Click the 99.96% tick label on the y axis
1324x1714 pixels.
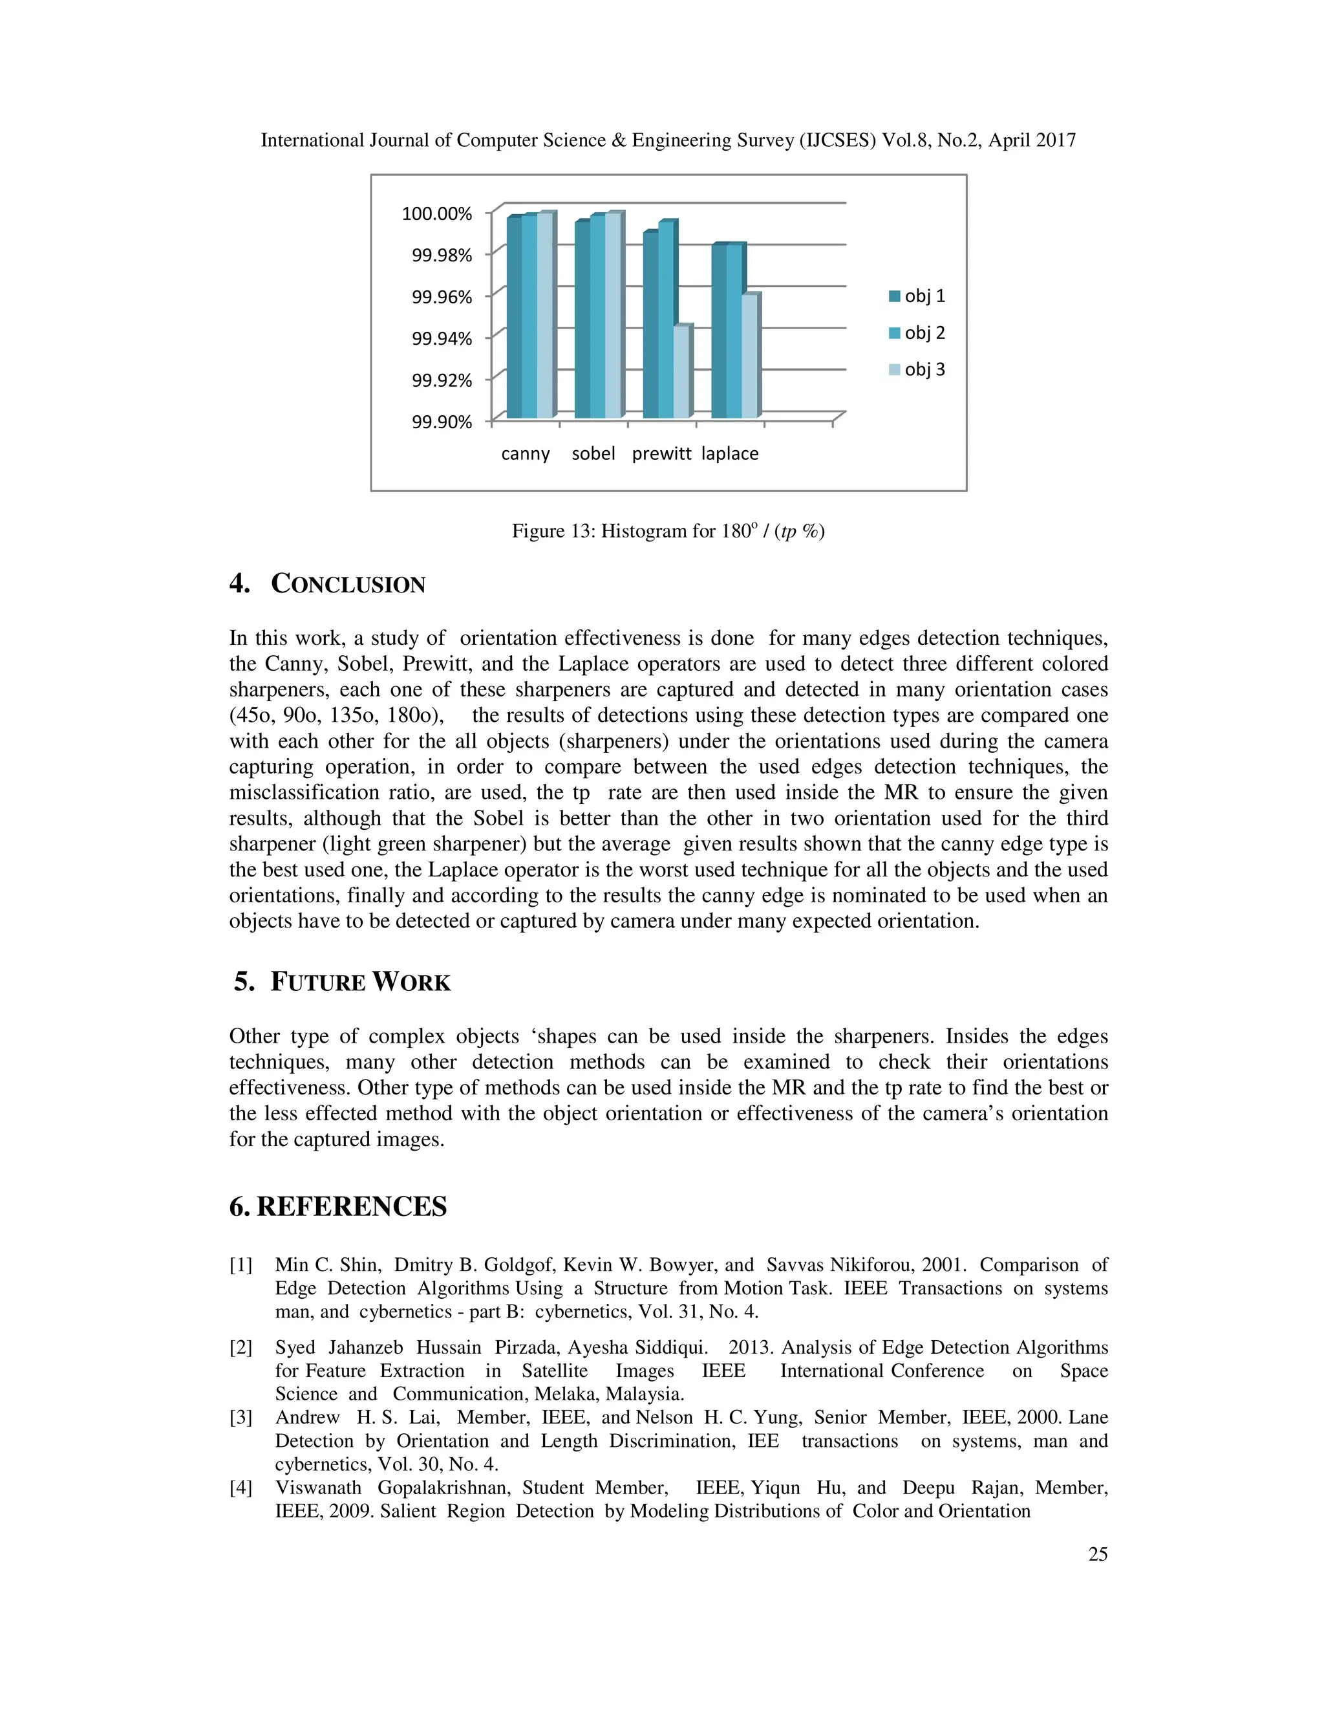(442, 297)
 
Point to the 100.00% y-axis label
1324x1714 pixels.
(437, 213)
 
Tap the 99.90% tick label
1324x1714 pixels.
(442, 422)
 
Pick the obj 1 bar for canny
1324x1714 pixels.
(514, 318)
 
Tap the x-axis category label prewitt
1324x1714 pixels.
(661, 453)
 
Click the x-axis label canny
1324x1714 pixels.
(525, 453)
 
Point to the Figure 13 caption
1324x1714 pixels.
(667, 531)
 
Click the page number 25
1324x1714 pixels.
(1097, 1554)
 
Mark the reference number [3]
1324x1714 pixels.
(240, 1417)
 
